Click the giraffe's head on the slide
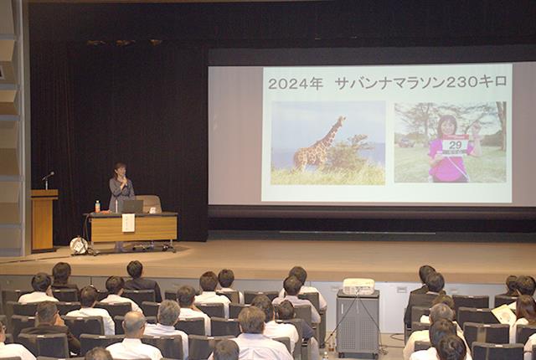(x=341, y=120)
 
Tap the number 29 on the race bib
(x=455, y=145)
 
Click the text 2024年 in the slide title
(x=296, y=84)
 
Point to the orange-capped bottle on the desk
(x=97, y=206)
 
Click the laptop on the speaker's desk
(x=132, y=206)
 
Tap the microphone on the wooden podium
(x=48, y=177)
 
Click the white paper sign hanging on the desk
(x=128, y=223)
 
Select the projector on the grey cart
(x=358, y=286)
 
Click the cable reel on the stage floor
(x=79, y=245)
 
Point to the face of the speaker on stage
(x=120, y=171)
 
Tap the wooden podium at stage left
(x=44, y=220)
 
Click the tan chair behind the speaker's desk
(x=150, y=203)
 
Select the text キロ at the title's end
(x=494, y=82)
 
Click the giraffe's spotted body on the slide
(x=312, y=152)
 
